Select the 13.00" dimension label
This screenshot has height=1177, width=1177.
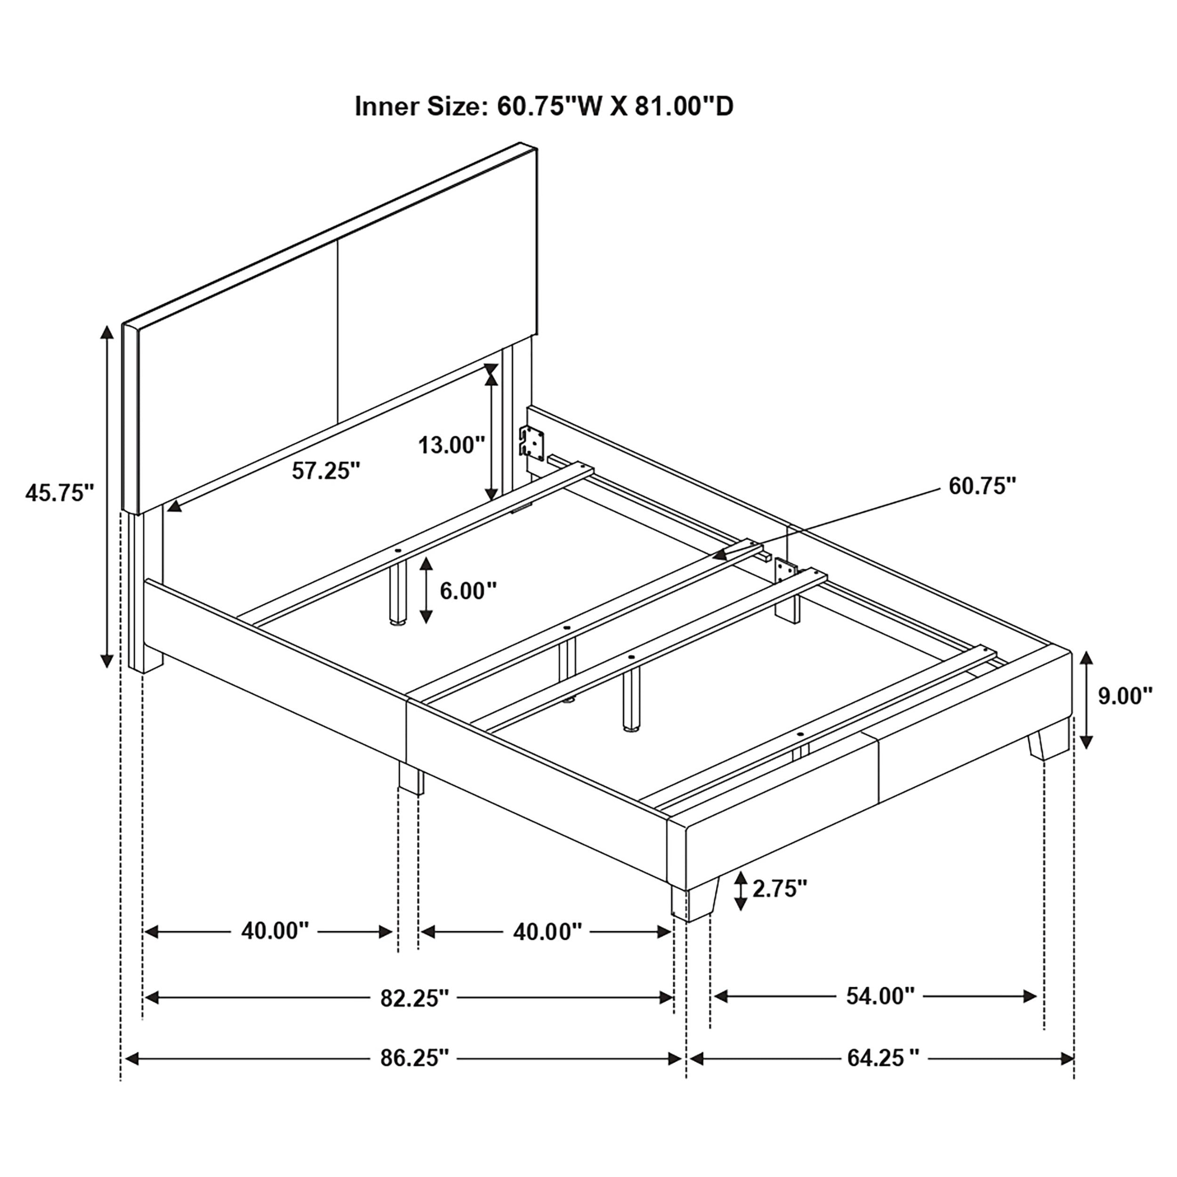[x=451, y=445]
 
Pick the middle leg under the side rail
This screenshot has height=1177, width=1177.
[x=411, y=779]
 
